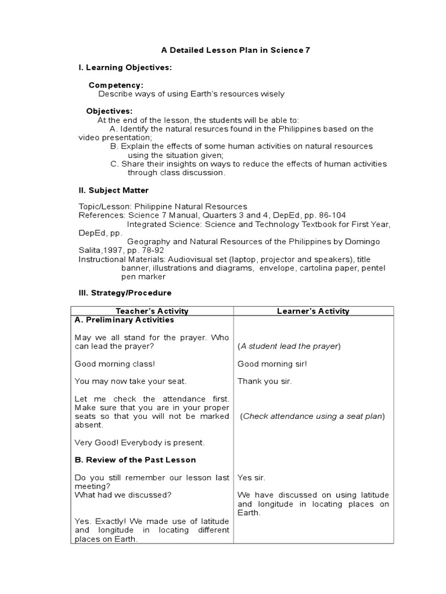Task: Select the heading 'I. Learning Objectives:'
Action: point(125,68)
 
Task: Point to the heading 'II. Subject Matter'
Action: point(113,190)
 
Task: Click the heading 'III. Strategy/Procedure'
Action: point(125,293)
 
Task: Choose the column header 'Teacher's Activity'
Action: point(152,311)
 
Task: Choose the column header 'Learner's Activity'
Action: point(313,311)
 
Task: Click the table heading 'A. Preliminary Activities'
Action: point(124,320)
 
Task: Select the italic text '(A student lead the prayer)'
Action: point(289,346)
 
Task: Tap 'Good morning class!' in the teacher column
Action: point(115,364)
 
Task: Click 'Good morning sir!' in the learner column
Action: point(272,364)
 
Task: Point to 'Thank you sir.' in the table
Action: point(264,381)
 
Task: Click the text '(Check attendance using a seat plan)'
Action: point(312,416)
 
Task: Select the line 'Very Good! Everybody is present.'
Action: point(139,443)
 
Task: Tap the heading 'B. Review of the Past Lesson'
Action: point(135,460)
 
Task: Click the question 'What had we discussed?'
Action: point(123,495)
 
